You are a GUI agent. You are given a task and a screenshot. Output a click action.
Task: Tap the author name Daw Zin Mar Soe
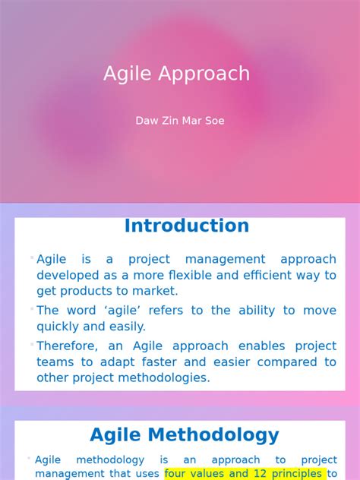pos(180,121)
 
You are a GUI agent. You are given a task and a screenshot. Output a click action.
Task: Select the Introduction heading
pos(187,226)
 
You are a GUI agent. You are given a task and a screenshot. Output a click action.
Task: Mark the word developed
pos(67,275)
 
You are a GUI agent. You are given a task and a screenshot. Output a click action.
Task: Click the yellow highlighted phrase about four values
pos(245,474)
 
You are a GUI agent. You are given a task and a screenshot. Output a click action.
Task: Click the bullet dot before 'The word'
pos(32,308)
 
